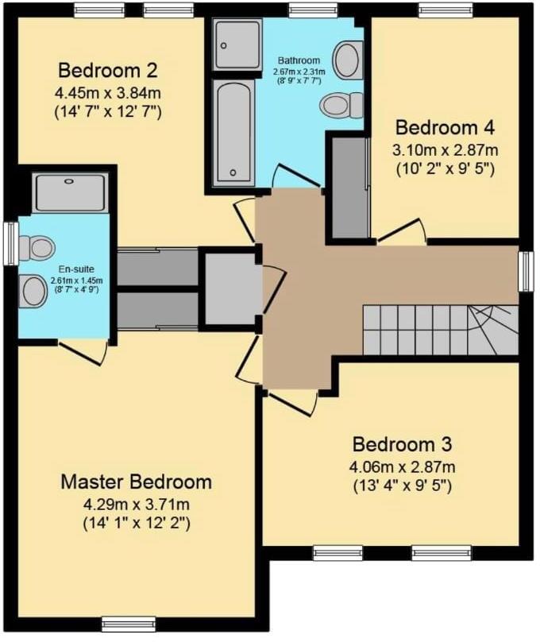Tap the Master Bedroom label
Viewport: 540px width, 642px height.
click(137, 481)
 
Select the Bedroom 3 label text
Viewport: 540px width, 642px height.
click(403, 443)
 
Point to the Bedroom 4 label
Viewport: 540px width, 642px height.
click(445, 127)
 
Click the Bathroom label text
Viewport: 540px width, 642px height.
click(299, 60)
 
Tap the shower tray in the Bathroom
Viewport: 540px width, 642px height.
click(237, 44)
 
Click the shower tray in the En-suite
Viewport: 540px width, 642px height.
click(71, 193)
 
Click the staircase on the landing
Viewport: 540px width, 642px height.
click(439, 330)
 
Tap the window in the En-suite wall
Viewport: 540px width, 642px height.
click(10, 243)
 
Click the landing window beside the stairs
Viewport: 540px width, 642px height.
click(526, 271)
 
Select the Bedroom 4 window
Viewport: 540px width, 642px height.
click(445, 10)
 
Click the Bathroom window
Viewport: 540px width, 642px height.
click(312, 10)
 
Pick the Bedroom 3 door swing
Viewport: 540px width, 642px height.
click(293, 401)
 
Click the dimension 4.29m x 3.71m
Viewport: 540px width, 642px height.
click(137, 504)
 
